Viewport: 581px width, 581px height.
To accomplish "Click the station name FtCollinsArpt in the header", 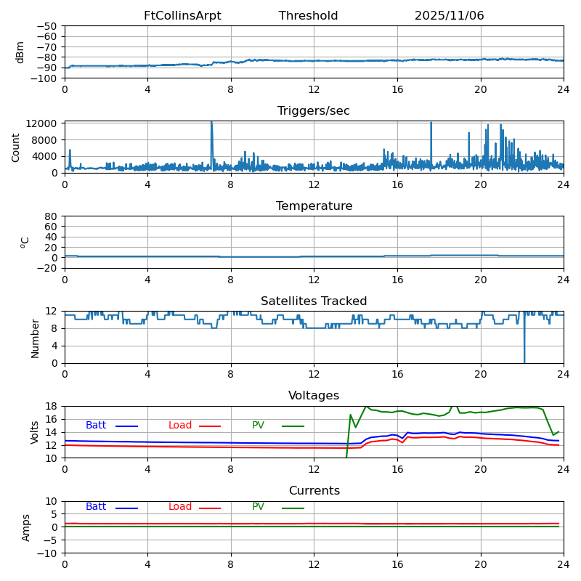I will tap(182, 16).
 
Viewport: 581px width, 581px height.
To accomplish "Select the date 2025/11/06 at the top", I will tap(449, 16).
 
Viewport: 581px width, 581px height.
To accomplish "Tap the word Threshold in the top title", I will tap(308, 16).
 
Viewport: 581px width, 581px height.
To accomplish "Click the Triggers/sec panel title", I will tap(314, 111).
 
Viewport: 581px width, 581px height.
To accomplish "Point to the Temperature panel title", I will tap(314, 206).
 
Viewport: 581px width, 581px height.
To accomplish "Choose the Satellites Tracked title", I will tap(314, 301).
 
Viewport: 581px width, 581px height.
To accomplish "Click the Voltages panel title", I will tap(314, 396).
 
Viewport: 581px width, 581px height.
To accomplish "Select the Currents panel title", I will tap(314, 491).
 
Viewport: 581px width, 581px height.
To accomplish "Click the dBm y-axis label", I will tap(20, 52).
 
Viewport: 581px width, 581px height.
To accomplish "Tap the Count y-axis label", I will tap(16, 147).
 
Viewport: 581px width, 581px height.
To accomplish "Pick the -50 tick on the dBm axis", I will tap(47, 26).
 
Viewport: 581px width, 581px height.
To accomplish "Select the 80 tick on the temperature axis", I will tap(52, 216).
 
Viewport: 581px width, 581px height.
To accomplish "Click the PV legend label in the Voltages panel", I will tap(259, 426).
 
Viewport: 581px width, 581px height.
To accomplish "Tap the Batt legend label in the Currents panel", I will tap(96, 507).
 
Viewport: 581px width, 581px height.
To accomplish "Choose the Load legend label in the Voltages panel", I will tap(180, 426).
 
